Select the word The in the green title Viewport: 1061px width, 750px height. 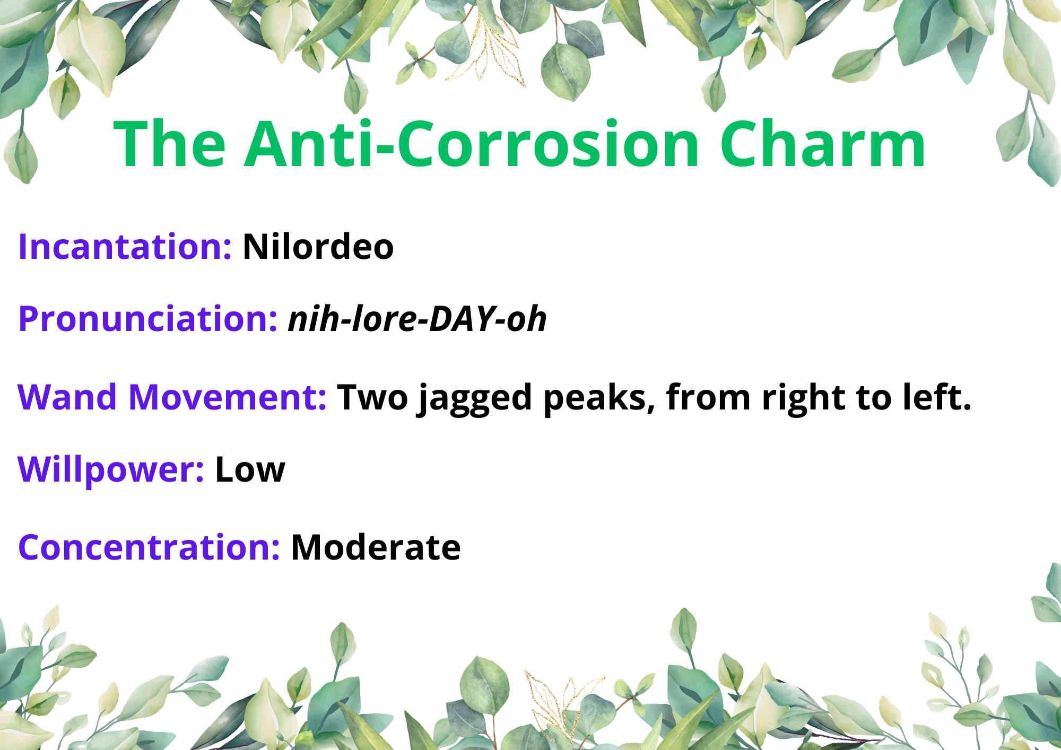click(170, 144)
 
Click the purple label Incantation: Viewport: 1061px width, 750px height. click(125, 247)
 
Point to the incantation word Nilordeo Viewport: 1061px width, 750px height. click(318, 247)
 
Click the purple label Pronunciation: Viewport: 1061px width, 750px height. click(147, 319)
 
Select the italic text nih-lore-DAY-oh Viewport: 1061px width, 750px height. click(417, 319)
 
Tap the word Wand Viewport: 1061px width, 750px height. click(67, 397)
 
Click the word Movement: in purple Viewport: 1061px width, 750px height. click(228, 397)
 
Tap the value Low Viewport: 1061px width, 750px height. click(250, 469)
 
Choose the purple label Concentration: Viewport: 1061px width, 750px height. click(149, 547)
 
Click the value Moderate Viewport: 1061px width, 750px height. click(376, 547)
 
